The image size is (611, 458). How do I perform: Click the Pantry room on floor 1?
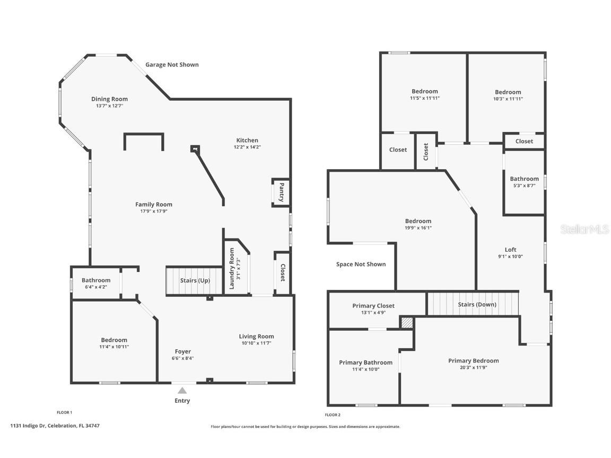(x=281, y=192)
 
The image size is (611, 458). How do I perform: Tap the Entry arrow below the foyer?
(x=182, y=391)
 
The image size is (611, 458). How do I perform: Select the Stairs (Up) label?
(x=195, y=280)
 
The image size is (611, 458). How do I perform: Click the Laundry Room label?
(x=232, y=269)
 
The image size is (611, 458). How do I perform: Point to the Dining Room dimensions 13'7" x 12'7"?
(x=109, y=106)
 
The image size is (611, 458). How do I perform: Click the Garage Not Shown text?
(x=172, y=65)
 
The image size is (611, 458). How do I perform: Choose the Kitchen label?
(x=247, y=140)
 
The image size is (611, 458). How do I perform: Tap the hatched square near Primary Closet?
(x=407, y=323)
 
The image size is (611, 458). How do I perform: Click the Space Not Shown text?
(x=361, y=264)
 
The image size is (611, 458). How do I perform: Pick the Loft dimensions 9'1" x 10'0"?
(x=510, y=257)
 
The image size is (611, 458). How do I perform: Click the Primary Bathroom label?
(x=365, y=363)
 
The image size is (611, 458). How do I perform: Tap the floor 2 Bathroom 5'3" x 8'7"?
(x=524, y=182)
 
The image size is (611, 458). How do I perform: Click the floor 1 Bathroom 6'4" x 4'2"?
(x=96, y=283)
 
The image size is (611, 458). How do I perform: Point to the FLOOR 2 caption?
(x=333, y=415)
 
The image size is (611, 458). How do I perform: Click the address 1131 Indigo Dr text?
(x=55, y=426)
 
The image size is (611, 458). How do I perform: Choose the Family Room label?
(x=153, y=205)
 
